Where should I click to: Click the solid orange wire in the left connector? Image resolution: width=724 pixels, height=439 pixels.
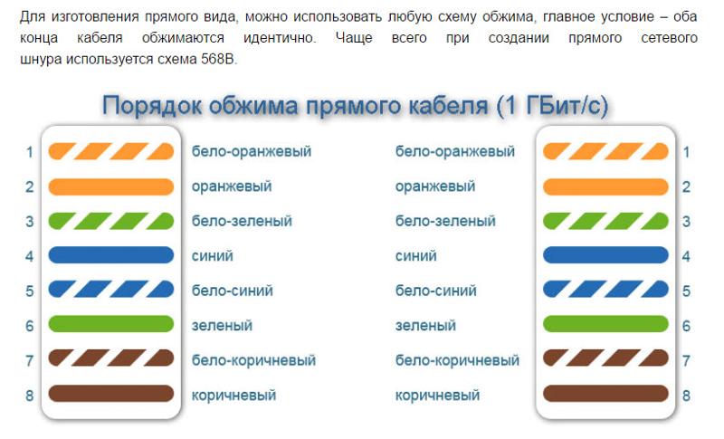pos(110,186)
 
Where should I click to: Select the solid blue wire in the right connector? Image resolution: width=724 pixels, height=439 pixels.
pos(605,255)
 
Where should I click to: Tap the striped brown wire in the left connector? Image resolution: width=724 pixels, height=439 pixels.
pos(110,358)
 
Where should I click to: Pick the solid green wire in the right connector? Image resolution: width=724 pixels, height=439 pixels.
pos(605,324)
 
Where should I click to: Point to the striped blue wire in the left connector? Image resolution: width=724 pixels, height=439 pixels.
pos(110,290)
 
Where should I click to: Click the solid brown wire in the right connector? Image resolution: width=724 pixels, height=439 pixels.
pos(605,394)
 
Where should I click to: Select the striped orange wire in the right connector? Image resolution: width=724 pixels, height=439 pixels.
pos(605,151)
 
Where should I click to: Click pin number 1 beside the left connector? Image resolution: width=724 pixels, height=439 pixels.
pos(30,152)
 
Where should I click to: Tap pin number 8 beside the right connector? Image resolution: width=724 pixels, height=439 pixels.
pos(686,396)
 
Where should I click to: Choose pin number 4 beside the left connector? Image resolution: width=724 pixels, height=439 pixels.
pos(30,256)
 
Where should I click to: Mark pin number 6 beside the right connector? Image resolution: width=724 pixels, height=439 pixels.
pos(686,327)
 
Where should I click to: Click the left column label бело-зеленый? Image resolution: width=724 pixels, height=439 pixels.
pos(242,221)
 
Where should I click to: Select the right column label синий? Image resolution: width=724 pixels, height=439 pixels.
pos(415,256)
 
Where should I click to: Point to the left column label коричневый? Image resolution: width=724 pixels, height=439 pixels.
pos(233,396)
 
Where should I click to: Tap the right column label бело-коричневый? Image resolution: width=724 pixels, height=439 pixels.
pos(457,360)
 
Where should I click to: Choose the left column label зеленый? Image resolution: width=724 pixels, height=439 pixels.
pos(222,326)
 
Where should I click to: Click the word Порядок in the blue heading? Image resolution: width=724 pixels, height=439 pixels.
pos(152,106)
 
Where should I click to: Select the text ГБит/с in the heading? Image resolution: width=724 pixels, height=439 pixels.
pos(567,106)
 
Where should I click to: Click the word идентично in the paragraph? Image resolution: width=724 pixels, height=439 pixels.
pos(280,37)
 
